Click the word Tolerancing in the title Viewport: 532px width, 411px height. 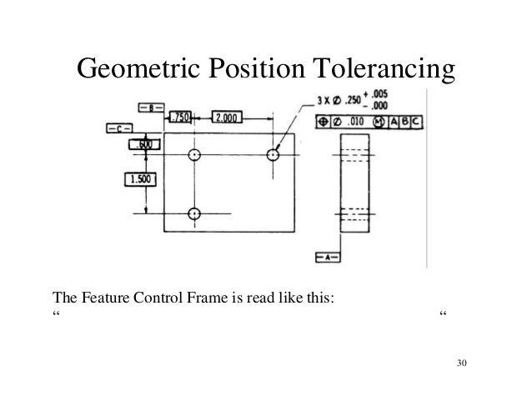coord(388,70)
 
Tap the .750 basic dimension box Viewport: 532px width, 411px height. coord(180,118)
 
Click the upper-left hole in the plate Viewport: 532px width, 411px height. coord(194,155)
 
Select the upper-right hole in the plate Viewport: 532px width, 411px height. coord(272,155)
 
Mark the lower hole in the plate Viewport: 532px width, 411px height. coord(194,213)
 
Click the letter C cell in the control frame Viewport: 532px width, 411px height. coord(416,123)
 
